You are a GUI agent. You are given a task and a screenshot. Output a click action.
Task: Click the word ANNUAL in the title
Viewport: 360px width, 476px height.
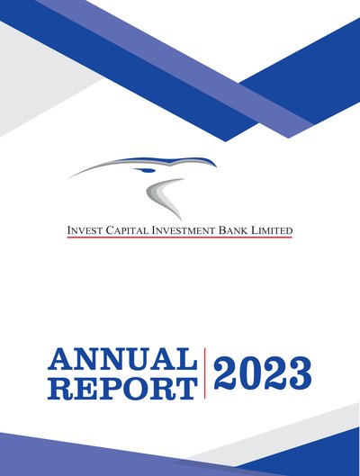click(122, 359)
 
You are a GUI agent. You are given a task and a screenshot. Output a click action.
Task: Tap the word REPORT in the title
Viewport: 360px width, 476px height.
click(122, 388)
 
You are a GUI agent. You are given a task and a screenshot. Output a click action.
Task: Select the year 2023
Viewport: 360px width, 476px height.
click(263, 373)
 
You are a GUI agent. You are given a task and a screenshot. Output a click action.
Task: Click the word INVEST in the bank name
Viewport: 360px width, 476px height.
click(85, 230)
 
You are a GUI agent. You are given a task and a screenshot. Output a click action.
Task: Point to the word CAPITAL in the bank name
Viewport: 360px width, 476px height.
click(127, 230)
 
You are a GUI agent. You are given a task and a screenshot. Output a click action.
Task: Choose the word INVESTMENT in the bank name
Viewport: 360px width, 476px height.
click(184, 230)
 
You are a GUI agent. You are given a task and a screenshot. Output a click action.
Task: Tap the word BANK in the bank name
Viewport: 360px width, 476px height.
click(233, 230)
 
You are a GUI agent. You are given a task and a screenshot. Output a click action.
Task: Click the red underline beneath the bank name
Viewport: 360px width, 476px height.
click(179, 237)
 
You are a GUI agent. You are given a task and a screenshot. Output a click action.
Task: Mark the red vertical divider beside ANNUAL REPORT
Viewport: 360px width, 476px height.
click(205, 373)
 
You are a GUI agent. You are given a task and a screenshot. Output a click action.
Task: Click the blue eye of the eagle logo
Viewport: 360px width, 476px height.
click(145, 170)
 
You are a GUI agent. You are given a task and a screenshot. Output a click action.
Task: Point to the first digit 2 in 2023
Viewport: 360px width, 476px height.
click(225, 373)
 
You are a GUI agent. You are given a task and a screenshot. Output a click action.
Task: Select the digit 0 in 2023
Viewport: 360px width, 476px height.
click(250, 373)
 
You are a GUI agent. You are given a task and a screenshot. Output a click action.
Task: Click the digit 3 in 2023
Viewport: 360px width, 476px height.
click(300, 373)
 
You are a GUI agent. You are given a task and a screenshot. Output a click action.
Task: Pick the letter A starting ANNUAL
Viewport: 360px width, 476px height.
click(60, 359)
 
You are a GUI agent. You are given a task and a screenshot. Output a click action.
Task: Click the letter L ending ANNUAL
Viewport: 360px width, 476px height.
click(186, 359)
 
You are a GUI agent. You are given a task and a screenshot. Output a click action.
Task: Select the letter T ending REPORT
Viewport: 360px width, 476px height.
click(186, 388)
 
